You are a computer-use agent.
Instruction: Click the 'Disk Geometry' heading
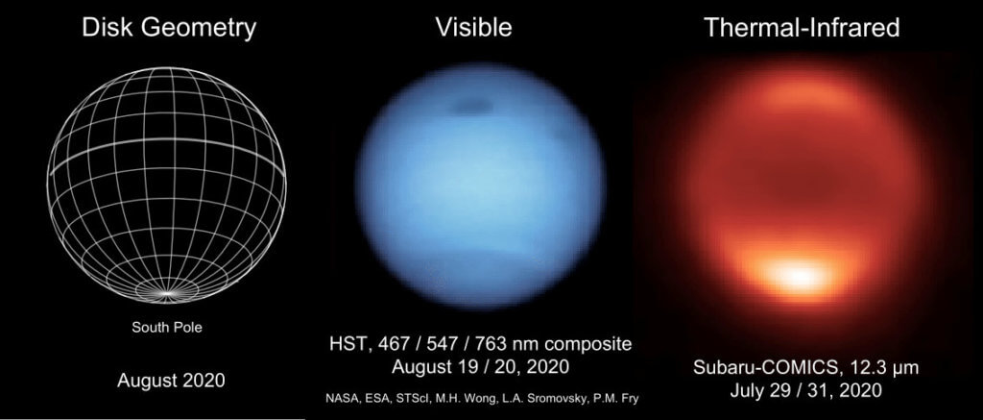click(168, 28)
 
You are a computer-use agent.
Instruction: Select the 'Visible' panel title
click(473, 28)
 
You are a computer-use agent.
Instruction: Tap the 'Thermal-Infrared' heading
click(802, 28)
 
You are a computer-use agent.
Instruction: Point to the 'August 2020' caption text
click(171, 380)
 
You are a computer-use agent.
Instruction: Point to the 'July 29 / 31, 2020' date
click(803, 391)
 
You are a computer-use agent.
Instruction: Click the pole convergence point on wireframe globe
click(167, 291)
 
